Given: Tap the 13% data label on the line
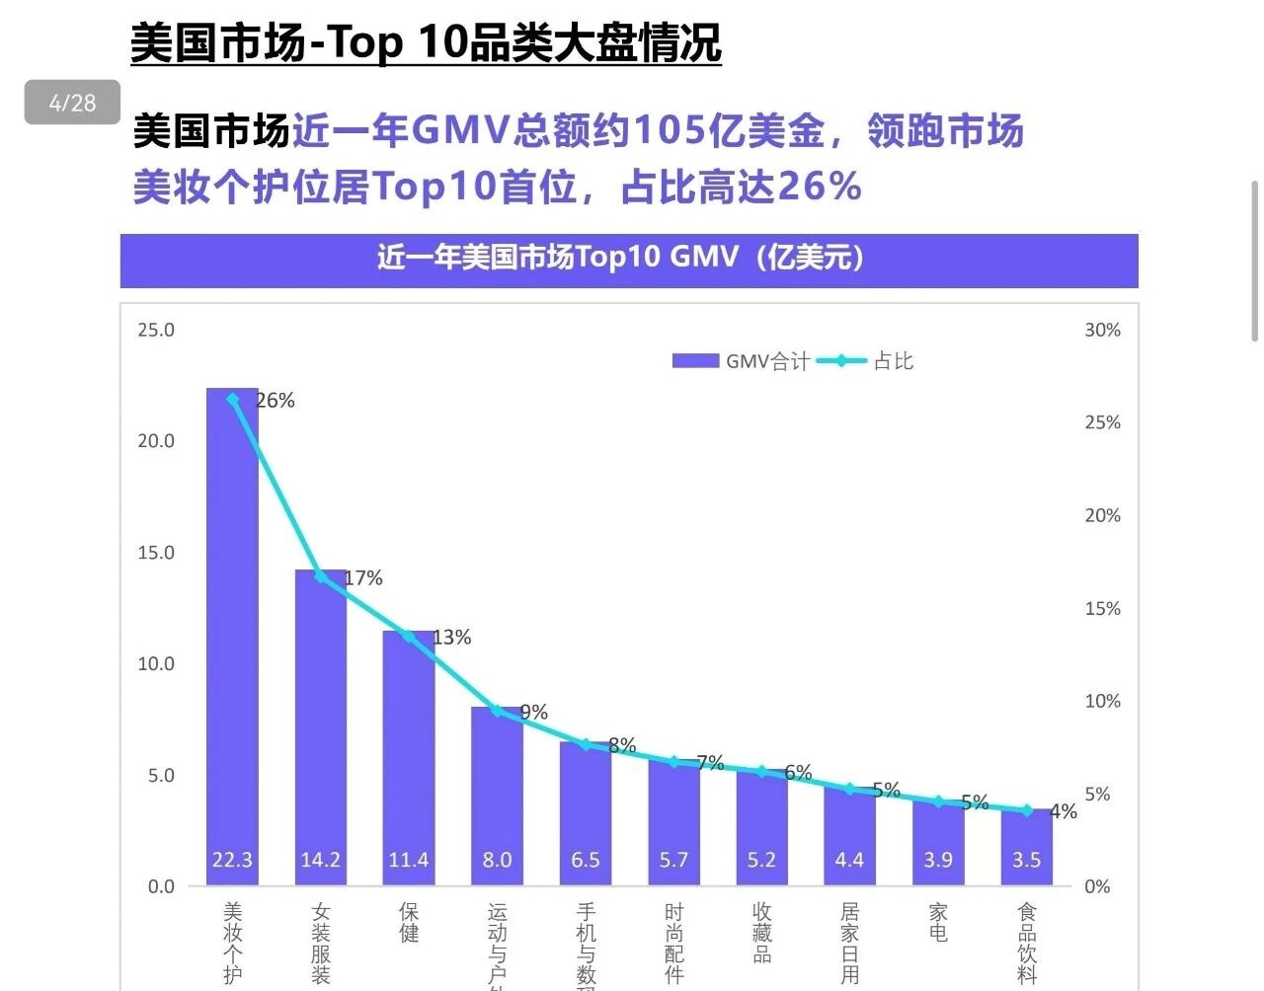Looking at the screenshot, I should [451, 638].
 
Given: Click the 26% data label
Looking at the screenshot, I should [275, 401].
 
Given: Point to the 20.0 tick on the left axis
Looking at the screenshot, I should [156, 441].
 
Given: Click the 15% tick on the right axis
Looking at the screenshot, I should [1102, 609].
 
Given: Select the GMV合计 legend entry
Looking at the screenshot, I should [741, 361].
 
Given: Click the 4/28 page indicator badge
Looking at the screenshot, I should [72, 103].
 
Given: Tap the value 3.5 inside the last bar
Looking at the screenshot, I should [1026, 860].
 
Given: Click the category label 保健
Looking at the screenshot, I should [409, 922].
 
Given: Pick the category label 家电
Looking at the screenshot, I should [938, 922].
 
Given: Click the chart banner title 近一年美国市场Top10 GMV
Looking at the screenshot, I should [621, 258].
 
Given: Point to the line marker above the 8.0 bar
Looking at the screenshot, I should [497, 711].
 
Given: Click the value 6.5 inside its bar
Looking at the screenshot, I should [585, 860].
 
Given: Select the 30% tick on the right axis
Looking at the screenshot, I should [1102, 331].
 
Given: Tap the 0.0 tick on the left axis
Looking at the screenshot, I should [161, 886].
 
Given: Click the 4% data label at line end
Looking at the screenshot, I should [1064, 811].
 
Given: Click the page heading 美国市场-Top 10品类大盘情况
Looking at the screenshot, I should [426, 42].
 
